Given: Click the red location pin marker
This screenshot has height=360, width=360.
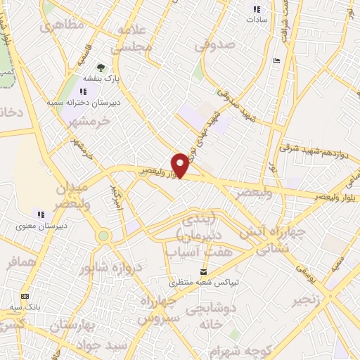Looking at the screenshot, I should click(x=181, y=165).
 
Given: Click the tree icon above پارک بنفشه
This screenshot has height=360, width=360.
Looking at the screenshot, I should click(x=101, y=69).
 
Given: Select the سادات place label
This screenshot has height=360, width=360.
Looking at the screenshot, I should click(x=257, y=20).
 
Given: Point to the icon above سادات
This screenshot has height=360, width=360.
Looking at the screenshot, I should click(x=257, y=9).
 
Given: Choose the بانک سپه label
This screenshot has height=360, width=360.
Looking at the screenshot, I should click(x=25, y=307).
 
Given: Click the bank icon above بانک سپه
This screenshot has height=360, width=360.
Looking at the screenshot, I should click(x=25, y=296).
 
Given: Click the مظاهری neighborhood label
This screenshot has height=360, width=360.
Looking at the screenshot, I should click(x=62, y=25).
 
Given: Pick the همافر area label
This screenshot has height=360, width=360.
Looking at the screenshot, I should click(x=21, y=264).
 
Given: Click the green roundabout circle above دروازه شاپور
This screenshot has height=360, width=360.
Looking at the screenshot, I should click(x=104, y=237).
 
